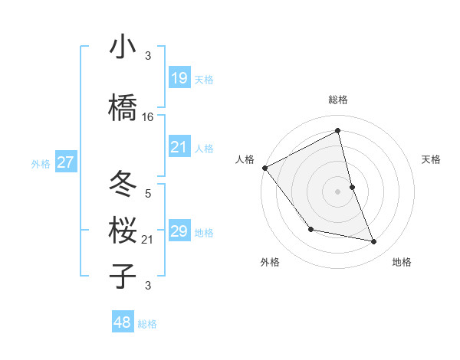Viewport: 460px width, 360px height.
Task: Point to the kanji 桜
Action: pos(123,231)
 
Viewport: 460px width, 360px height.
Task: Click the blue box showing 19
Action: pos(179,78)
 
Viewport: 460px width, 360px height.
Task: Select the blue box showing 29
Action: pos(179,231)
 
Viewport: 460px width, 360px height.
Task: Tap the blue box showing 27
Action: pos(66,162)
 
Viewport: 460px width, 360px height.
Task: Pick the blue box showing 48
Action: pos(123,322)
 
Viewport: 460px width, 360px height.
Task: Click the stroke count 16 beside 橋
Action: pos(148,117)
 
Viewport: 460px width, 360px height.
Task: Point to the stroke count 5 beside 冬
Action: pos(148,194)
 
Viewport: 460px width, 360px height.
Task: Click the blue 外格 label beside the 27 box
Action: pos(41,163)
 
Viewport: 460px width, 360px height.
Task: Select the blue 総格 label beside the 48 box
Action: pos(147,324)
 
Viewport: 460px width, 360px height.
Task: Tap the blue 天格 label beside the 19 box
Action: pos(204,80)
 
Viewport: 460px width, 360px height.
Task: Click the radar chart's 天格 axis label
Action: pos(432,159)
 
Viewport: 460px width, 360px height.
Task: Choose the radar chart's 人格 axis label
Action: pos(245,159)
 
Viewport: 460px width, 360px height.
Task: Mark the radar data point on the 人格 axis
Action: pos(264,168)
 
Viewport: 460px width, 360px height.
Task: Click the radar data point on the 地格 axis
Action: pos(374,242)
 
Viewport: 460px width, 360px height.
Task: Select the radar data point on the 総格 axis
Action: pos(338,130)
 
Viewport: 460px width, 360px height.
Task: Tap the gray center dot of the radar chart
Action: pos(338,191)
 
